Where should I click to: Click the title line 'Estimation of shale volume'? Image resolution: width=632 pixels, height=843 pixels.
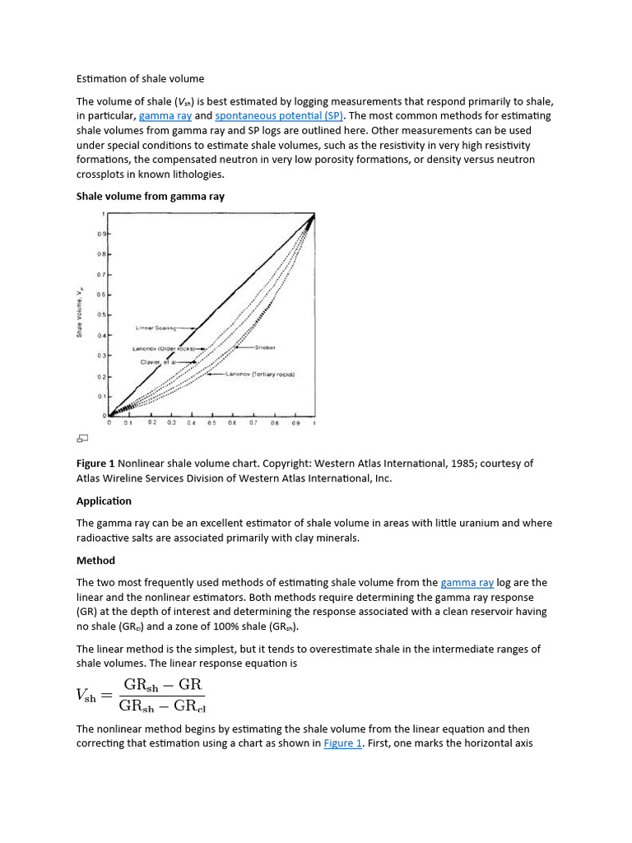tap(140, 79)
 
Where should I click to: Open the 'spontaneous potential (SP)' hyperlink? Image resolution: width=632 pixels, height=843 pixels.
tap(279, 116)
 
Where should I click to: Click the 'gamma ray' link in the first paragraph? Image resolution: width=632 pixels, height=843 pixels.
tap(165, 116)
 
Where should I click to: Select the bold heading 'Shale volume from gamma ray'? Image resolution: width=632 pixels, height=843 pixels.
tap(151, 197)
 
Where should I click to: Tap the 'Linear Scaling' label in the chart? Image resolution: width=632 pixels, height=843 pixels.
tap(156, 328)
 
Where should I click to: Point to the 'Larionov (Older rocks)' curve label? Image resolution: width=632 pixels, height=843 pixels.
tap(164, 348)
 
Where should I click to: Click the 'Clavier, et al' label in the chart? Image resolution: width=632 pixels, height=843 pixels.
tap(157, 361)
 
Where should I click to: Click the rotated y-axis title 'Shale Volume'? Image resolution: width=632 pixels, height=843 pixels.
tap(80, 312)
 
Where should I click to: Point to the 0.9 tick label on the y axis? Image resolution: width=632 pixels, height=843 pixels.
tap(102, 234)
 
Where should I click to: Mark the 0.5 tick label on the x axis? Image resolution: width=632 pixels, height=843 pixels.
tap(211, 422)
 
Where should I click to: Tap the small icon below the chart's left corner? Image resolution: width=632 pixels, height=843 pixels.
tap(82, 437)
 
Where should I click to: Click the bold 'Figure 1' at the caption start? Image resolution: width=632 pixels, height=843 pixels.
tap(95, 463)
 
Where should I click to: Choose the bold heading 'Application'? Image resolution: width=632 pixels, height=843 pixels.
tap(104, 501)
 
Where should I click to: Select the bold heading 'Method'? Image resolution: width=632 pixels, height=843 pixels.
tap(95, 561)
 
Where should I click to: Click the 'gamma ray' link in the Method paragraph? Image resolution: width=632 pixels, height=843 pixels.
tap(467, 582)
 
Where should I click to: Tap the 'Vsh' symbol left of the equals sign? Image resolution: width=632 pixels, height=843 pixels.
tap(86, 696)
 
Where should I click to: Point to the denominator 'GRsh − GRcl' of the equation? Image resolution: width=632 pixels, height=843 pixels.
tap(161, 706)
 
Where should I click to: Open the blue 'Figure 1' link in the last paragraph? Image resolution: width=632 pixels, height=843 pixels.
tap(342, 743)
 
